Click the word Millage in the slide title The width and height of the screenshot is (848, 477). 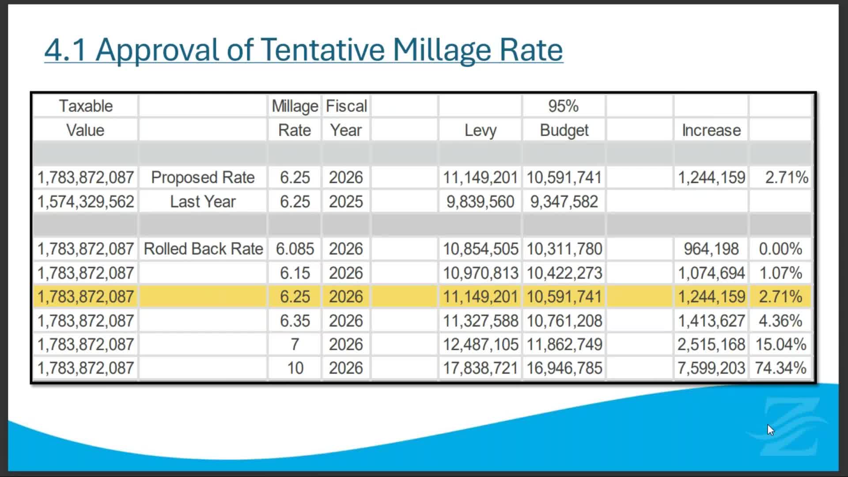click(442, 49)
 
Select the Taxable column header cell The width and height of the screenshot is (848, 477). click(86, 106)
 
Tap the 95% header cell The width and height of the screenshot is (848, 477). click(563, 106)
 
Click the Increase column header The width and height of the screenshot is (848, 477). click(711, 130)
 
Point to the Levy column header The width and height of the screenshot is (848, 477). click(480, 130)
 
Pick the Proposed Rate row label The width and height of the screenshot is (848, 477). click(203, 178)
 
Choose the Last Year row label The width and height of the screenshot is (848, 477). click(203, 202)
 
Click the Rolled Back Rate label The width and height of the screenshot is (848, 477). click(203, 249)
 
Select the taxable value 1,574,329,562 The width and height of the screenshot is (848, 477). click(86, 202)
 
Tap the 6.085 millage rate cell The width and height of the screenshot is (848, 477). click(295, 249)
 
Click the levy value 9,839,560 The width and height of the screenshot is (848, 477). click(480, 202)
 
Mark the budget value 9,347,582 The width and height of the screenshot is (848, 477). click(564, 202)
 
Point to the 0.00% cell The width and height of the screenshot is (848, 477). click(780, 249)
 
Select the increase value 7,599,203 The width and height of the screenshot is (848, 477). click(711, 368)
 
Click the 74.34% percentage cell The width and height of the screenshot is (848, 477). click(780, 368)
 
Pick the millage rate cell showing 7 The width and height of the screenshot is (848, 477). click(295, 344)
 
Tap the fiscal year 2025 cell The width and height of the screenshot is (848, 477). click(346, 202)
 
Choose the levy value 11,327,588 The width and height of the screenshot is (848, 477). click(480, 321)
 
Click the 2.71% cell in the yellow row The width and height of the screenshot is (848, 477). click(780, 297)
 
